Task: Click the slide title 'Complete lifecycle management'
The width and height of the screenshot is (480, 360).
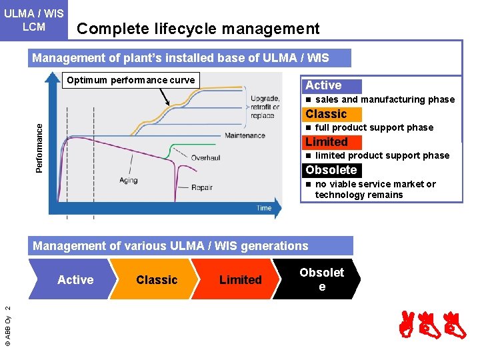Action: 198,29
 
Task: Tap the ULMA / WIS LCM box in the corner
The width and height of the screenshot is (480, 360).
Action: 34,20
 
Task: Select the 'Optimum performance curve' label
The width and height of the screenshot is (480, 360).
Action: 131,81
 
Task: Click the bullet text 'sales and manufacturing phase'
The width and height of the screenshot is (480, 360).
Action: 385,100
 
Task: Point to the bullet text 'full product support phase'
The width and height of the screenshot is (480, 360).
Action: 374,128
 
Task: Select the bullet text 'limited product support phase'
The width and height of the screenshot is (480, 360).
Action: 382,156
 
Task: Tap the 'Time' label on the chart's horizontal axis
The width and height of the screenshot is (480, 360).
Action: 264,208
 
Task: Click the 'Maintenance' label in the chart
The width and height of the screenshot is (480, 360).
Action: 245,136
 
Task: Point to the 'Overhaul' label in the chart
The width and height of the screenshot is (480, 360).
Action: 205,158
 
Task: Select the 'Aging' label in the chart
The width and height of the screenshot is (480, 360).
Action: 128,181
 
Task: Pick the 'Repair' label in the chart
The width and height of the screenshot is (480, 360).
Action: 201,188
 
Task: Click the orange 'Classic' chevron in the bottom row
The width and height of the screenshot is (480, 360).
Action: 157,280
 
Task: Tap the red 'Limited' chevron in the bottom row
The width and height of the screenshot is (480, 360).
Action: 240,280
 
